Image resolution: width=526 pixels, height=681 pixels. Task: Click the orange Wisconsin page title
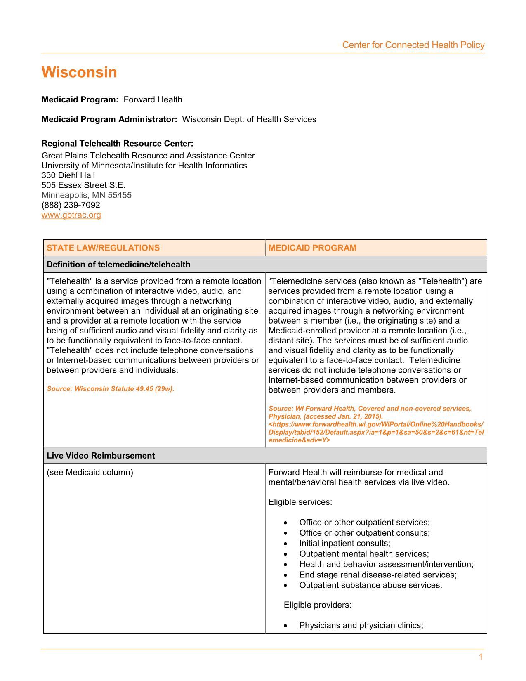[x=79, y=73]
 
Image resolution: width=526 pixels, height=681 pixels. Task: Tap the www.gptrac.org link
[x=71, y=215]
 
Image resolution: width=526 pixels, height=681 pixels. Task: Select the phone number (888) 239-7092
[x=71, y=205]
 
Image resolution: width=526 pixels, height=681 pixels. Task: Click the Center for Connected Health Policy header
[x=413, y=45]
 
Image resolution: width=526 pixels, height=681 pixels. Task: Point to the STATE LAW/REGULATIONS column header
[x=103, y=248]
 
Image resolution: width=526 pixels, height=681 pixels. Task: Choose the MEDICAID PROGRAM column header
[x=312, y=248]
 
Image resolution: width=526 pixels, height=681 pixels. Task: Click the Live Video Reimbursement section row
[x=101, y=456]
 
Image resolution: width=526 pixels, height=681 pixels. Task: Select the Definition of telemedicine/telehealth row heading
[x=118, y=265]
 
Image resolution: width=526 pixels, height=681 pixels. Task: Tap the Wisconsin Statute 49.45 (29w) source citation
[x=110, y=389]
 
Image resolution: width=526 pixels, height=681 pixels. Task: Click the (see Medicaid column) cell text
[x=90, y=472]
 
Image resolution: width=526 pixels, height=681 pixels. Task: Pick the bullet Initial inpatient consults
[x=344, y=544]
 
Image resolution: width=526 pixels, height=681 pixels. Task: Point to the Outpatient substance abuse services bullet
[x=370, y=585]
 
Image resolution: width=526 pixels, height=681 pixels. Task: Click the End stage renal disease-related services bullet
[x=377, y=575]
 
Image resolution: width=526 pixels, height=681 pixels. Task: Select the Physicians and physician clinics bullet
[x=361, y=625]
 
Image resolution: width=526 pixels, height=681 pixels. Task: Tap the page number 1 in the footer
[x=481, y=657]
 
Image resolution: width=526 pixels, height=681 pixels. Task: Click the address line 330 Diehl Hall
[x=68, y=175]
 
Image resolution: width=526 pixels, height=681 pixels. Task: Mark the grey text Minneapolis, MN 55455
[x=86, y=195]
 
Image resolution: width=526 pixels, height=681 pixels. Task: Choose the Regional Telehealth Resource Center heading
[x=117, y=144]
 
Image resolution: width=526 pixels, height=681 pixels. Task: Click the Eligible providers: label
[x=317, y=605]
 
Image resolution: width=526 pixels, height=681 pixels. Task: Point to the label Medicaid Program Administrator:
[x=109, y=120]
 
